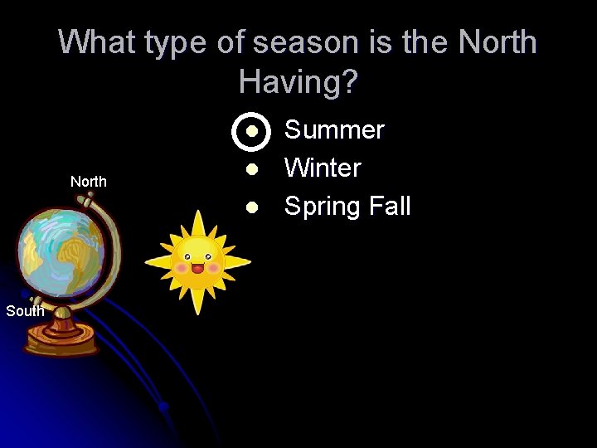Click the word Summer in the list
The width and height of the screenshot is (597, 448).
pyautogui.click(x=334, y=130)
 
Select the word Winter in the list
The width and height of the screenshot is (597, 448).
pyautogui.click(x=323, y=168)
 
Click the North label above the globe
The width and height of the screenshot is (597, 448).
pyautogui.click(x=89, y=182)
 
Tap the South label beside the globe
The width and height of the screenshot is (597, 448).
pyautogui.click(x=25, y=311)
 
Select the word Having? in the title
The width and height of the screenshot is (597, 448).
pyautogui.click(x=298, y=81)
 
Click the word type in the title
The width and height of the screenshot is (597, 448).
pyautogui.click(x=182, y=42)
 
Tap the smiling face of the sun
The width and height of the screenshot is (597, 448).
pyautogui.click(x=197, y=257)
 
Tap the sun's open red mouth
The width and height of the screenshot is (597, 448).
pyautogui.click(x=197, y=268)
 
